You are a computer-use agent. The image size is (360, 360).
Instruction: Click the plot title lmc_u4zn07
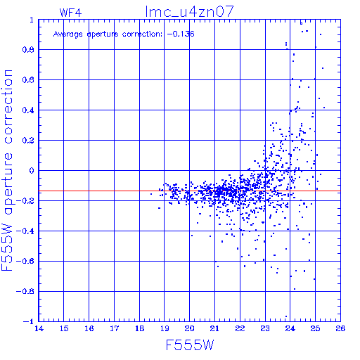click(189, 12)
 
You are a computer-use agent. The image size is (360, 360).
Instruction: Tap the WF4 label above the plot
click(70, 13)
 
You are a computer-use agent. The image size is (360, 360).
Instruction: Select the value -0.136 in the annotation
click(181, 34)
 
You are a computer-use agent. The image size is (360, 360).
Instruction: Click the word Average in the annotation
click(68, 34)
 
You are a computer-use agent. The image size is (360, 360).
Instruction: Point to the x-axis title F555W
click(190, 345)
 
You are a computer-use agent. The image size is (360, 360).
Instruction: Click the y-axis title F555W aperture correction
click(7, 170)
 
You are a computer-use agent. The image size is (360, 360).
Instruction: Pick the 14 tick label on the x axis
click(39, 328)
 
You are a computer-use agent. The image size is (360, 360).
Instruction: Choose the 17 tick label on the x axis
click(115, 328)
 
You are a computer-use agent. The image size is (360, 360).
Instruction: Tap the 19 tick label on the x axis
click(165, 328)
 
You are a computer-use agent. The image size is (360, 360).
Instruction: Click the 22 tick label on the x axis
click(240, 328)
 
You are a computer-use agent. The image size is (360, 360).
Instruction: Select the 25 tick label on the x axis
click(315, 328)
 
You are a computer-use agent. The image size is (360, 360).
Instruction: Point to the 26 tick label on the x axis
click(340, 328)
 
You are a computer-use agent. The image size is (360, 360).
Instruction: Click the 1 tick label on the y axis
click(32, 20)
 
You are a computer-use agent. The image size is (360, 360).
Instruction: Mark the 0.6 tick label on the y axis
click(28, 80)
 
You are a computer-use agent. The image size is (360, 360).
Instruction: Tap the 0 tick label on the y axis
click(32, 170)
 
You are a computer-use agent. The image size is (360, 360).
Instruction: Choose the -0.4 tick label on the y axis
click(25, 231)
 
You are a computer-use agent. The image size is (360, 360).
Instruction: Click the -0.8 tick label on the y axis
click(25, 291)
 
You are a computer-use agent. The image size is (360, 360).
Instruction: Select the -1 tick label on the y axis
click(29, 321)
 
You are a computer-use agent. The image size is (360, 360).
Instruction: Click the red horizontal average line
click(189, 191)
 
